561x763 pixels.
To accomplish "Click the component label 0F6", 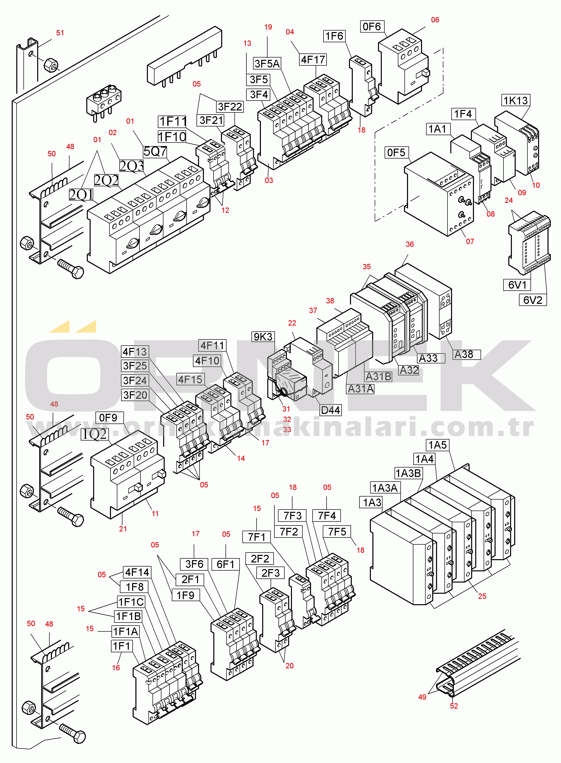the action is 372,26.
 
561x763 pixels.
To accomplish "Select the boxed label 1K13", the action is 515,101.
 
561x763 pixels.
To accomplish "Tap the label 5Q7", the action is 155,151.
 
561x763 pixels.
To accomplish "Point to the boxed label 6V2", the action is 532,300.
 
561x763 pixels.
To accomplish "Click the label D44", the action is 330,410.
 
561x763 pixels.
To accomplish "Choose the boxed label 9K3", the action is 263,337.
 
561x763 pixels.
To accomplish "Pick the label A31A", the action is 360,388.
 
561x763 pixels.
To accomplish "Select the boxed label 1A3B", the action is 409,473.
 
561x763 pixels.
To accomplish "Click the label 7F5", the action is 337,532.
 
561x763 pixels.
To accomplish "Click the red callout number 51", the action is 60,33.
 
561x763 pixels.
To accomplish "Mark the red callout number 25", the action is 482,596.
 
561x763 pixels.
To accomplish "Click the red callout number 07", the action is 470,242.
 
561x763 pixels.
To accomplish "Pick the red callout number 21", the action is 123,529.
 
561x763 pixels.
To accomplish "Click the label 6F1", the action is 226,564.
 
